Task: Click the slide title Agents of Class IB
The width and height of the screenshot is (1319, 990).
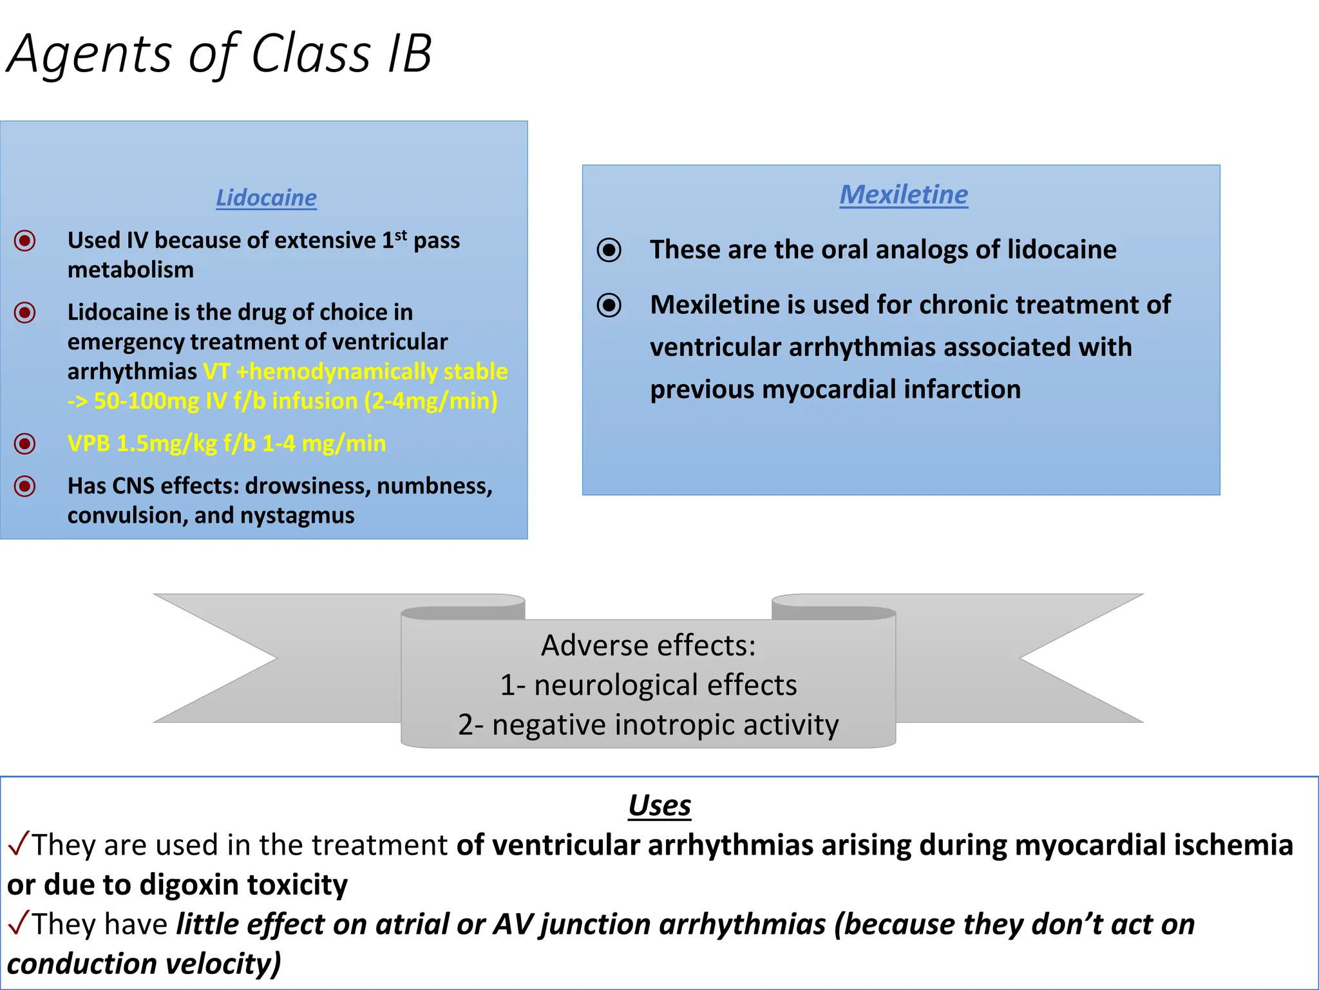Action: tap(219, 54)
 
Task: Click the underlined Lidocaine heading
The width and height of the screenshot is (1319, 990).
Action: tap(266, 197)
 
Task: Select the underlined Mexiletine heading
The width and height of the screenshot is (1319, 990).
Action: tap(903, 194)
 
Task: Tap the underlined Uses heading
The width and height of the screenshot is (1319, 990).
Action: tap(659, 805)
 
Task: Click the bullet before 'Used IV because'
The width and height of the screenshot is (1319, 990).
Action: tap(25, 241)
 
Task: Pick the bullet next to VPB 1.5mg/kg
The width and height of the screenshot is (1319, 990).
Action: tap(25, 443)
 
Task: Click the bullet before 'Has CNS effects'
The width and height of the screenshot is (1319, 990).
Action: tap(25, 486)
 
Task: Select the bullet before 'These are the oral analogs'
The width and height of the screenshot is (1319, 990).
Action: tap(609, 250)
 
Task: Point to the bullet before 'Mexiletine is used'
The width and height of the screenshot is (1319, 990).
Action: tap(609, 305)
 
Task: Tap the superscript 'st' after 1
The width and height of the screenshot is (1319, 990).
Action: tap(401, 235)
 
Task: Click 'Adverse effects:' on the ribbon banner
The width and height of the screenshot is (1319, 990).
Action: tap(648, 645)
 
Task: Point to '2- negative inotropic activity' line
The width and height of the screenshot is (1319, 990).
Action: tap(648, 724)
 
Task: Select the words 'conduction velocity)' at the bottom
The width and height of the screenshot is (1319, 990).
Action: tap(144, 964)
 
